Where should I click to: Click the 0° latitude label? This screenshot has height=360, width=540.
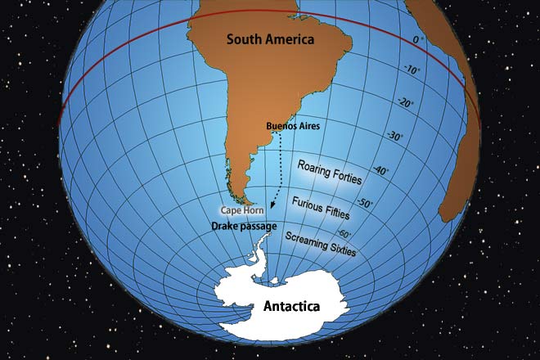tap(418, 39)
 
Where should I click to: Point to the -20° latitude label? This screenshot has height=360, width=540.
tap(405, 103)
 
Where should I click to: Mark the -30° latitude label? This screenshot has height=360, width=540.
tap(393, 137)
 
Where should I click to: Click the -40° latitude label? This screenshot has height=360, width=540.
tap(379, 172)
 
